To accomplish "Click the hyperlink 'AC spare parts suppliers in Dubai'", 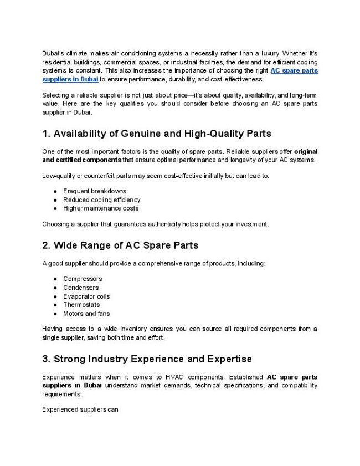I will pyautogui.click(x=294, y=71).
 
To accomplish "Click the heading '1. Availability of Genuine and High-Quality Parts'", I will pyautogui.click(x=157, y=134).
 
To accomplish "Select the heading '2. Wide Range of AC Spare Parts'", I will pyautogui.click(x=120, y=245).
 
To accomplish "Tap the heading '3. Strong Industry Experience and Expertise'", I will pyautogui.click(x=147, y=359).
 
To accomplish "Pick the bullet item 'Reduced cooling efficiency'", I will pyautogui.click(x=101, y=199).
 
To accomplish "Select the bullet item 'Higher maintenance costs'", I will pyautogui.click(x=101, y=208).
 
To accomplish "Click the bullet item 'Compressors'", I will pyautogui.click(x=83, y=279).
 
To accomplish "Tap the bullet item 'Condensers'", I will pyautogui.click(x=81, y=288).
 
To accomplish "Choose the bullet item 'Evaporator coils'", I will pyautogui.click(x=86, y=296).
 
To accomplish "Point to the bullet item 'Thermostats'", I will pyautogui.click(x=81, y=305).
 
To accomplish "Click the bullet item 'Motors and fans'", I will pyautogui.click(x=86, y=314).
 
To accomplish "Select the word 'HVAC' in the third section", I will pyautogui.click(x=173, y=377).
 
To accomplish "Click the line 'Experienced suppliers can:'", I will pyautogui.click(x=81, y=411).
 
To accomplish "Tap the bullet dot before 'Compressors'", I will pyautogui.click(x=56, y=279).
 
